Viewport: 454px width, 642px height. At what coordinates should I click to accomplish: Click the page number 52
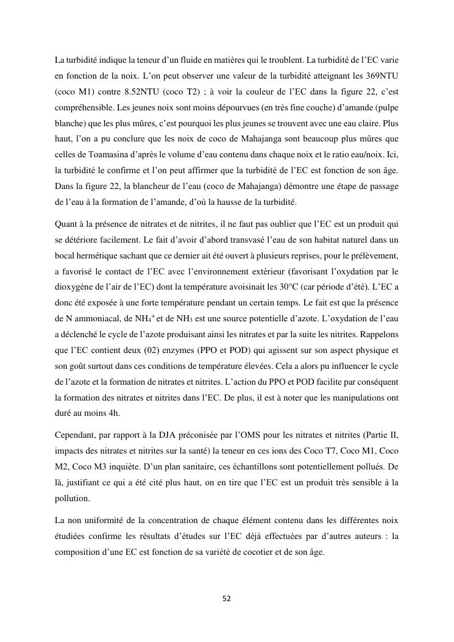[x=227, y=599]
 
